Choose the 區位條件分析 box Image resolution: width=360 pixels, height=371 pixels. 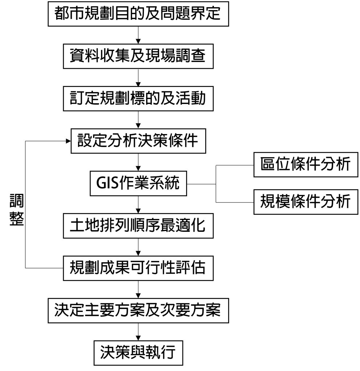pos(306,165)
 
